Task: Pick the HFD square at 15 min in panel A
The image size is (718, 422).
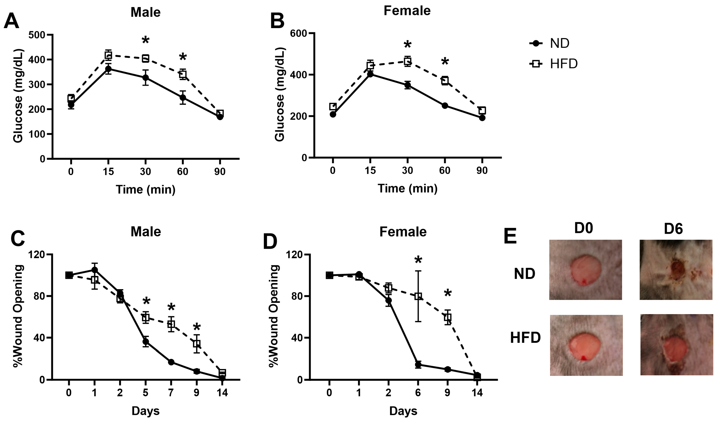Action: [108, 55]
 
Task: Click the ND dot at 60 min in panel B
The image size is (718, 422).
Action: [445, 106]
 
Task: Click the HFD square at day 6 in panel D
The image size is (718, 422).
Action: [418, 296]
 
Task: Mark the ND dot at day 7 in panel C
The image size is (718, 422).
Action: [171, 362]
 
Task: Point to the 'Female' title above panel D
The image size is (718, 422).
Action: [403, 232]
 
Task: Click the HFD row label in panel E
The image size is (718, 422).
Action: [525, 338]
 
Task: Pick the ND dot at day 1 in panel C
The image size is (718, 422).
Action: [94, 270]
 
